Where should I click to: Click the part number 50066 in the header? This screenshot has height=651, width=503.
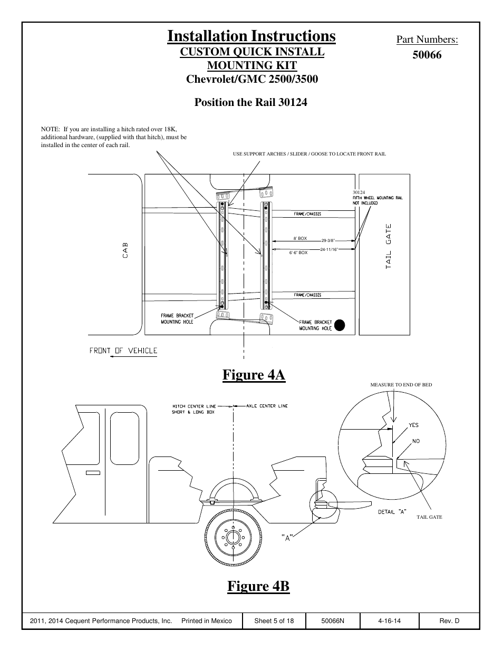pyautogui.click(x=427, y=55)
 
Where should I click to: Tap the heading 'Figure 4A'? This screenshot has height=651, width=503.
pyautogui.click(x=254, y=375)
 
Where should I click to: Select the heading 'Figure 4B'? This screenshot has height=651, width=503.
pyautogui.click(x=258, y=586)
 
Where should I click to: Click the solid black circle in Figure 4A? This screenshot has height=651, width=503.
pyautogui.click(x=340, y=325)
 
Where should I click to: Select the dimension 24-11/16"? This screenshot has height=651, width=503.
pyautogui.click(x=329, y=249)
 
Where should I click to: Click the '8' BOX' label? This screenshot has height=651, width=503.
pyautogui.click(x=300, y=239)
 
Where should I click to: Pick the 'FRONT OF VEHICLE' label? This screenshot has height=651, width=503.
pyautogui.click(x=123, y=351)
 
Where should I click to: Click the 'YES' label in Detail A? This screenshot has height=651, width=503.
pyautogui.click(x=413, y=425)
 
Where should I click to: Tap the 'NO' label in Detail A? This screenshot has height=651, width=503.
pyautogui.click(x=416, y=441)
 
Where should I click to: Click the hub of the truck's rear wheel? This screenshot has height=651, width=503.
pyautogui.click(x=232, y=538)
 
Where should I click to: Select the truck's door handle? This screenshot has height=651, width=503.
pyautogui.click(x=93, y=473)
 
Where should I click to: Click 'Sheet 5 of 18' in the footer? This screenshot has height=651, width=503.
pyautogui.click(x=274, y=621)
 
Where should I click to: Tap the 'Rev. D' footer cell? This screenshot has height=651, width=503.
pyautogui.click(x=449, y=621)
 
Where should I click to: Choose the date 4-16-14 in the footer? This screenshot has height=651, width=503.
pyautogui.click(x=389, y=621)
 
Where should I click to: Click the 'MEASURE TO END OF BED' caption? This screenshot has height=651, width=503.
pyautogui.click(x=401, y=385)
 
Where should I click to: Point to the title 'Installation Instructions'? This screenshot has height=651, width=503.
pyautogui.click(x=251, y=36)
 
